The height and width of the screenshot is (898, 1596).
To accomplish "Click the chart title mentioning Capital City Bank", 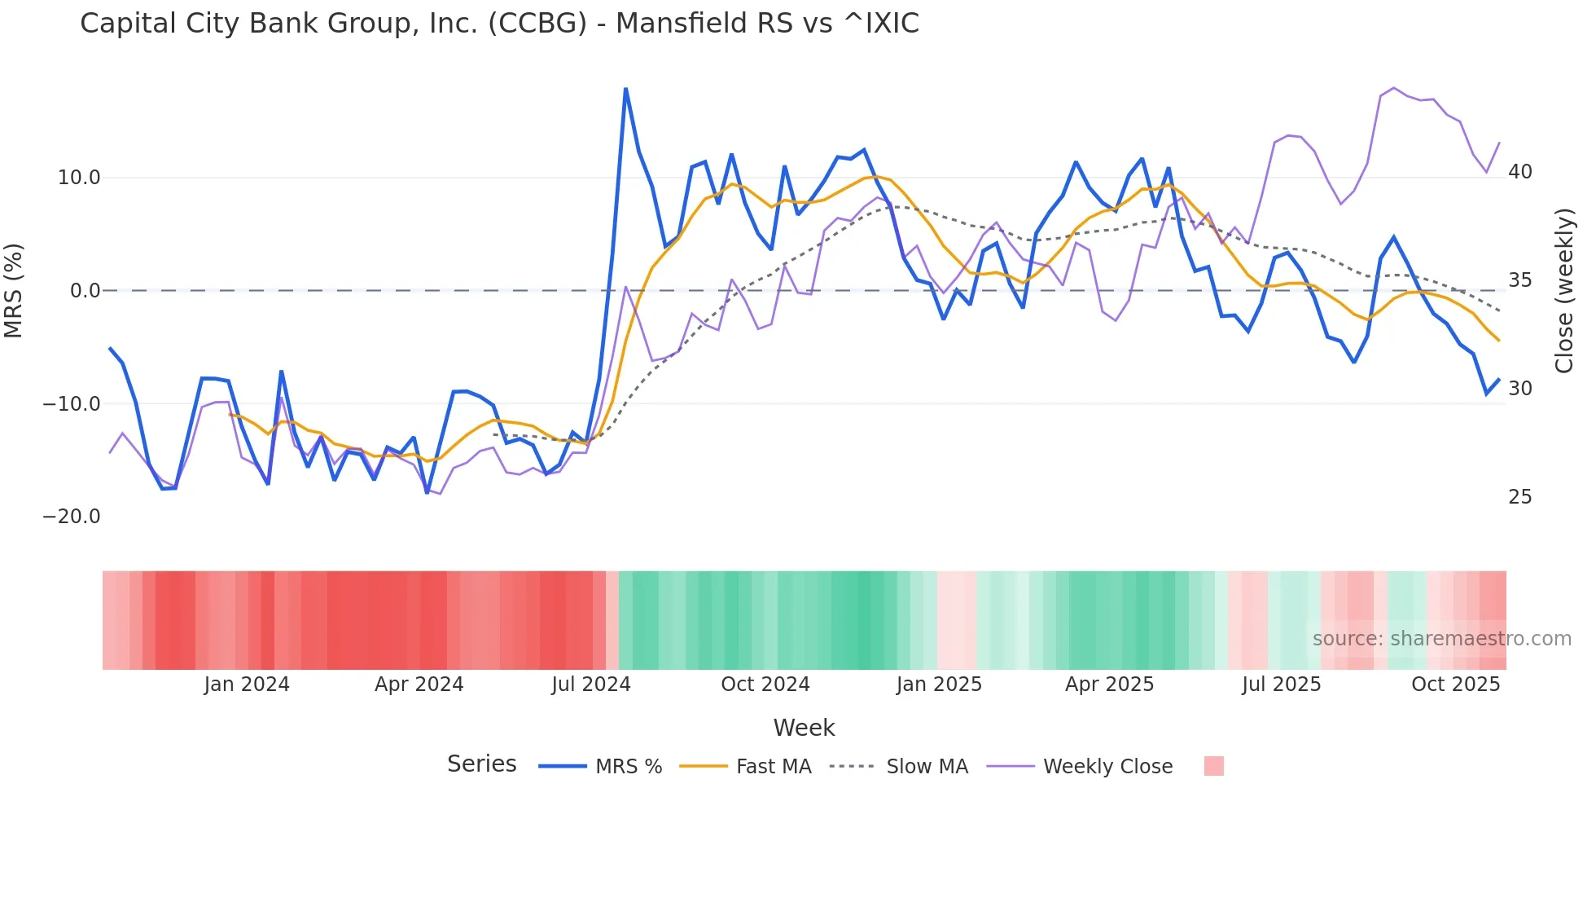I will point(499,24).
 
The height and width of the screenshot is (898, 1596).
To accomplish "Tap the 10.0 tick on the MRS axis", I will point(79,178).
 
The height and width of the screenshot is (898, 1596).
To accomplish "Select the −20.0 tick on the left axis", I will point(72,517).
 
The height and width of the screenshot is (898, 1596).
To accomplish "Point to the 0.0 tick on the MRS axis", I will point(85,291).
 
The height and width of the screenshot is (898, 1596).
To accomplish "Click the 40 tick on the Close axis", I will point(1519,172).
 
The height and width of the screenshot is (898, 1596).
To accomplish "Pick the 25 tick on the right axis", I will point(1519,497).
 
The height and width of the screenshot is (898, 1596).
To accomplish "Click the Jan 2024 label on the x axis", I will point(247,685).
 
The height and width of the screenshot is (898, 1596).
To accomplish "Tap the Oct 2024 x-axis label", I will point(765,685).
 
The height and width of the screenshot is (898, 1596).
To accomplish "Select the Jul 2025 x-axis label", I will point(1281,685).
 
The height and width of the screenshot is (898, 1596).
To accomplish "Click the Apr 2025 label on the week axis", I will point(1109,685).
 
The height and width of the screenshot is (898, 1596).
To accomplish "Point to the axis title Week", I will point(804,728).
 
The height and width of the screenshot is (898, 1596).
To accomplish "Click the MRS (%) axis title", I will point(14,291).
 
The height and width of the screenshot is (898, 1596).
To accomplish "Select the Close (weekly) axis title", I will point(1563,291).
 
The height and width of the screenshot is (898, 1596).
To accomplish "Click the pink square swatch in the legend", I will point(1213,766).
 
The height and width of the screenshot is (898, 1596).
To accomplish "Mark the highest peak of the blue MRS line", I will point(625,89).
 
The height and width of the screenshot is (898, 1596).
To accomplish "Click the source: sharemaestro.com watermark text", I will point(1441,639).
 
